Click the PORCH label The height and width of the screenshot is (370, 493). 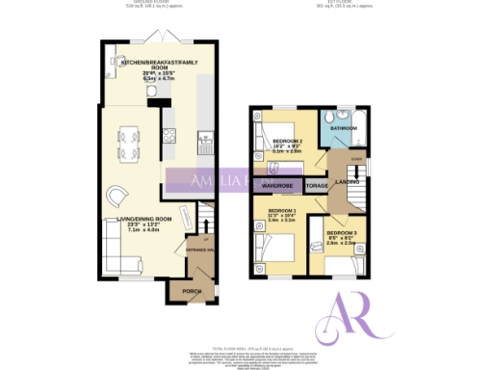pos(181,289)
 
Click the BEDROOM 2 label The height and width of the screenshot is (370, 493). pos(288,141)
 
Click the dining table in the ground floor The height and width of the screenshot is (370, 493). pos(128,140)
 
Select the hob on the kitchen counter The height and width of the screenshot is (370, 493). pos(169,143)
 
